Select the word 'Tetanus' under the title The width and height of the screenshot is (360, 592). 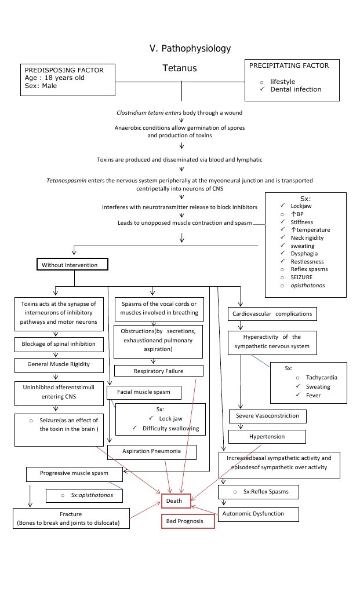(x=180, y=68)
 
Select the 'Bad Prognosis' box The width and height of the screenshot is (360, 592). (x=187, y=521)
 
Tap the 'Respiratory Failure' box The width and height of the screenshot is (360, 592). (x=159, y=371)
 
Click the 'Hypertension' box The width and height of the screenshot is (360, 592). (x=267, y=436)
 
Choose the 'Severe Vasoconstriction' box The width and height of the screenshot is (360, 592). (x=267, y=416)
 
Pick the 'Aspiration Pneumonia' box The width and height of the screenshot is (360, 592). (x=152, y=451)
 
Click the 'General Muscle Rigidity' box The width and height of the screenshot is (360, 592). (x=59, y=365)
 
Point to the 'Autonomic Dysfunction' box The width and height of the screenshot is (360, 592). (x=259, y=514)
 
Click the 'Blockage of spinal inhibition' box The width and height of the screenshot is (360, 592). (x=59, y=344)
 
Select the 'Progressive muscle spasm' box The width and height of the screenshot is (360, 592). (x=74, y=473)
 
